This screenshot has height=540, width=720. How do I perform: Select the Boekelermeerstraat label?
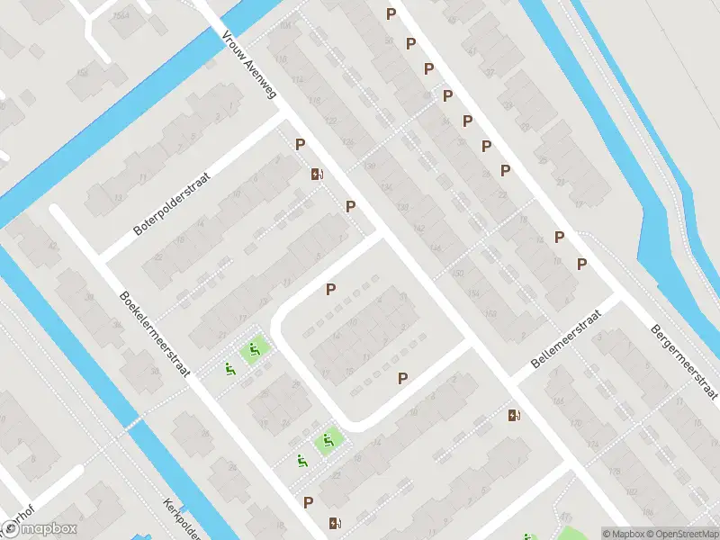[155, 333]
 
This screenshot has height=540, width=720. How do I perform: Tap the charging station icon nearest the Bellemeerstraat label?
[514, 415]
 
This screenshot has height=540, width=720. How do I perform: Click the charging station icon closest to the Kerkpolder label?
[335, 522]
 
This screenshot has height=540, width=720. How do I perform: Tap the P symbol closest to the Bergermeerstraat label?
[581, 264]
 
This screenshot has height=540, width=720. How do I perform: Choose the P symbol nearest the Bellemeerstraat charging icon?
[403, 379]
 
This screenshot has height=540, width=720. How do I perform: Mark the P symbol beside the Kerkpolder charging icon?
[309, 502]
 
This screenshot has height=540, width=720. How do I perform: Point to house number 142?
[419, 228]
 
